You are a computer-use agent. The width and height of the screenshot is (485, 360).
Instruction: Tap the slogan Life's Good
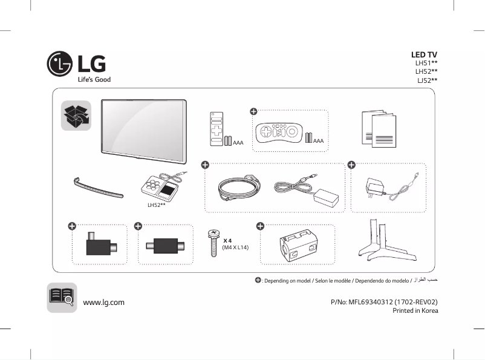coord(93,79)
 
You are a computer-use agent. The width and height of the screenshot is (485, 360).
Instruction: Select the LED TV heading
coord(424,55)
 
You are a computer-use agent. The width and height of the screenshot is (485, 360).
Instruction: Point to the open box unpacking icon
coord(76,116)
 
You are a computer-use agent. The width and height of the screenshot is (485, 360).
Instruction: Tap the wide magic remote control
coord(279,132)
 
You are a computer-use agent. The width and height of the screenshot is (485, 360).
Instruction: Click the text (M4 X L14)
coord(235,248)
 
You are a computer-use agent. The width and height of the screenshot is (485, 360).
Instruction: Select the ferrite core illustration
coord(296,246)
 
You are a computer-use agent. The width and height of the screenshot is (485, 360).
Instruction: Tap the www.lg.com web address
coord(103,302)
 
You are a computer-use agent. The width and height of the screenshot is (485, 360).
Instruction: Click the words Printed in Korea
coord(415,311)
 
